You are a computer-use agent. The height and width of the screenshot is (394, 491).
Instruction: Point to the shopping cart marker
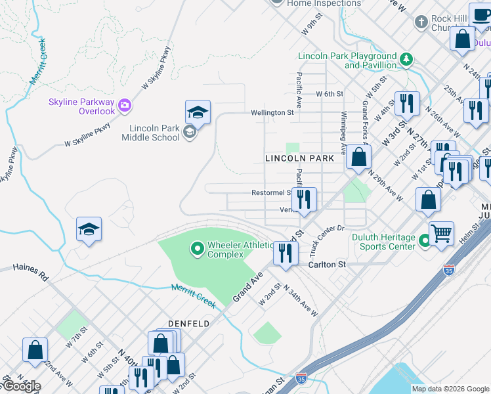click(x=442, y=232)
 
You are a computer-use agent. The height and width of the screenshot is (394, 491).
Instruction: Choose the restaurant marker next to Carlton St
click(x=286, y=253)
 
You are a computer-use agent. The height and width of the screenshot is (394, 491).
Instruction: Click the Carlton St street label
click(x=327, y=265)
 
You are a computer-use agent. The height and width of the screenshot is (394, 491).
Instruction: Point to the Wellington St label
click(x=272, y=113)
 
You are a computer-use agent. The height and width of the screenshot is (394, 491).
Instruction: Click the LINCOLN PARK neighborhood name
click(x=299, y=159)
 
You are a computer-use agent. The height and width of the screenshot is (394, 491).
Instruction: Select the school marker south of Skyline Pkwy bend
click(x=89, y=230)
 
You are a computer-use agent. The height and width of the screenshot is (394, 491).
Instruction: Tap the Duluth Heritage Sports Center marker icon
click(x=425, y=242)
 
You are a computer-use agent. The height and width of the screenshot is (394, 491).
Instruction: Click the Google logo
click(x=21, y=386)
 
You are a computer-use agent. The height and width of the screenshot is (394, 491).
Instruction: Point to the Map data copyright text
click(x=450, y=389)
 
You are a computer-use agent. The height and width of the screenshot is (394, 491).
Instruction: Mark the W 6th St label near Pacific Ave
click(x=330, y=94)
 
